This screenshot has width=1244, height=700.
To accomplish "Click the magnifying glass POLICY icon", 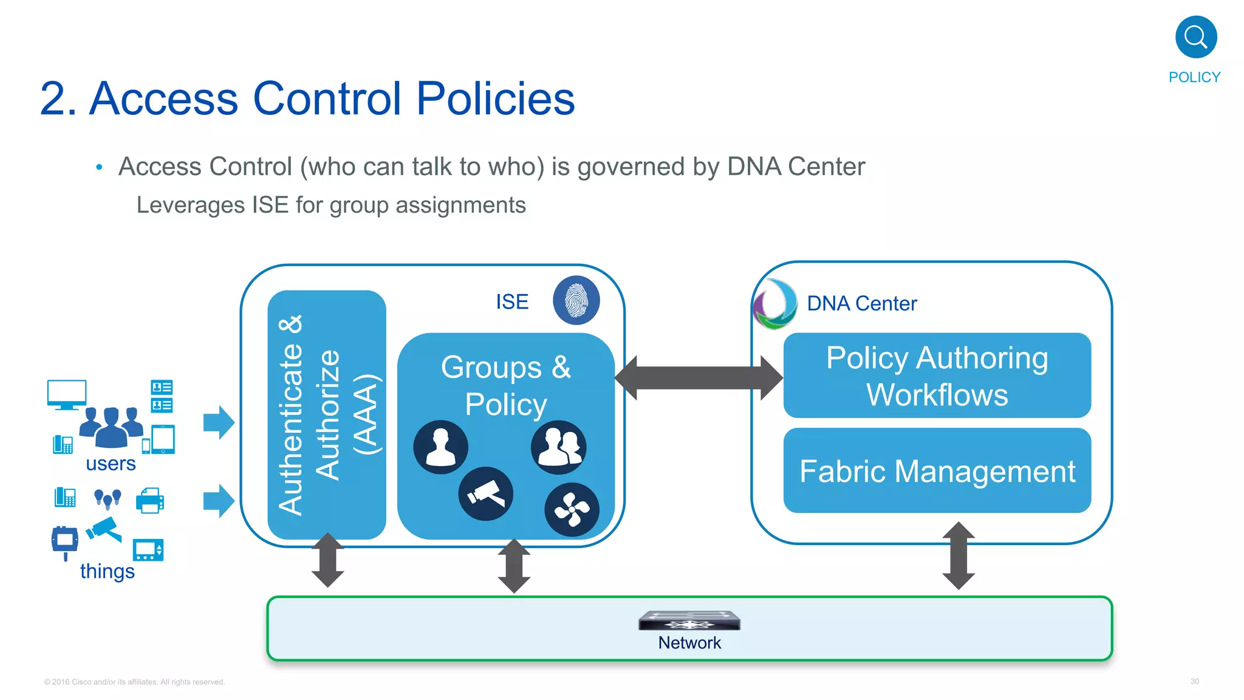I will pos(1195,37).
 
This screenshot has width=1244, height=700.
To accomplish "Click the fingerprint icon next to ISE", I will pos(576,300).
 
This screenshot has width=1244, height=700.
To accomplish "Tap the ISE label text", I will pos(512,302).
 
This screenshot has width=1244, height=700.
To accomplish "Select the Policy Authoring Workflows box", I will pos(937,376).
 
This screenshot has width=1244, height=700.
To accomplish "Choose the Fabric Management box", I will pos(937,471).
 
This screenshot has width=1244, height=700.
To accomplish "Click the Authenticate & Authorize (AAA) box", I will pos(327,414).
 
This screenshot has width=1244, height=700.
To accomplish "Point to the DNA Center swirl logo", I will pos(775,304).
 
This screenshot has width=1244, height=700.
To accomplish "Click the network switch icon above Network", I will pos(689,621).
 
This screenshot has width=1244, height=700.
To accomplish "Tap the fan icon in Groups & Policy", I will pos(572,509).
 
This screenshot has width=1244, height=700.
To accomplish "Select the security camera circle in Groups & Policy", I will pos(485,493).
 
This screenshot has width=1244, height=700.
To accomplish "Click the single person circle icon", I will pos(440,447).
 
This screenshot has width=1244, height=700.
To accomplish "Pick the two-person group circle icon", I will pos(559,447).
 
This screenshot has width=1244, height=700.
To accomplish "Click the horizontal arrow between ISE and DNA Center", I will pos(699,378).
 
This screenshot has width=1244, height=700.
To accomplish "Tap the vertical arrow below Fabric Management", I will pos(959,555).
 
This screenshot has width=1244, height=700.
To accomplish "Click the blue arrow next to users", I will pos(219,422).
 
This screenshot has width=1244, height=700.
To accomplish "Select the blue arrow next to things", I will pos(219,501).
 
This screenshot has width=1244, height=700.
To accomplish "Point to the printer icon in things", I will pos(149,501).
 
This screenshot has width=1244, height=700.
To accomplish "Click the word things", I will pos(107,571).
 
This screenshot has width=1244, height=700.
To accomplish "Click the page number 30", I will pos(1194,681).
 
